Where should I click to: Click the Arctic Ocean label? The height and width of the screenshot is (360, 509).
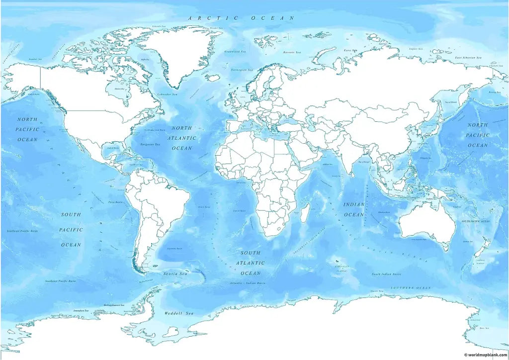pyautogui.click(x=241, y=18)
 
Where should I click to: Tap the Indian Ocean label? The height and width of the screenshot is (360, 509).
pyautogui.click(x=354, y=209)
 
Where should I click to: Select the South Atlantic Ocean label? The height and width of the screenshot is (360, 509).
pyautogui.click(x=251, y=263)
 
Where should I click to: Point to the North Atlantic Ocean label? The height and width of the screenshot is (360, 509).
pyautogui.click(x=181, y=138)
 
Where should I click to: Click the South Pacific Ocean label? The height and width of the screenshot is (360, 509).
pyautogui.click(x=71, y=230)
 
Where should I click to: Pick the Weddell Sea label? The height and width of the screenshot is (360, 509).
pyautogui.click(x=178, y=313)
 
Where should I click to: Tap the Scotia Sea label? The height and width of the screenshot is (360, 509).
pyautogui.click(x=175, y=274)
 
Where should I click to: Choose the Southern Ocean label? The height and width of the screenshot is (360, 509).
pyautogui.click(x=411, y=288)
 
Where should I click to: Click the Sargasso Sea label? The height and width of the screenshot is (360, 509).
pyautogui.click(x=150, y=144)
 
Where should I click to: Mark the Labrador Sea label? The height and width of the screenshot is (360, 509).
pyautogui.click(x=168, y=94)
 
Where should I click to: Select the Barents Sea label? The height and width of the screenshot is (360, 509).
pyautogui.click(x=292, y=52)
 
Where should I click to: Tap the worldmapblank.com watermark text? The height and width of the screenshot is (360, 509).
pyautogui.click(x=485, y=355)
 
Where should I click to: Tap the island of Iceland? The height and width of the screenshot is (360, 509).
pyautogui.click(x=214, y=78)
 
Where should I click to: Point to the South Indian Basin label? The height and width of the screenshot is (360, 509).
pyautogui.click(x=387, y=274)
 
